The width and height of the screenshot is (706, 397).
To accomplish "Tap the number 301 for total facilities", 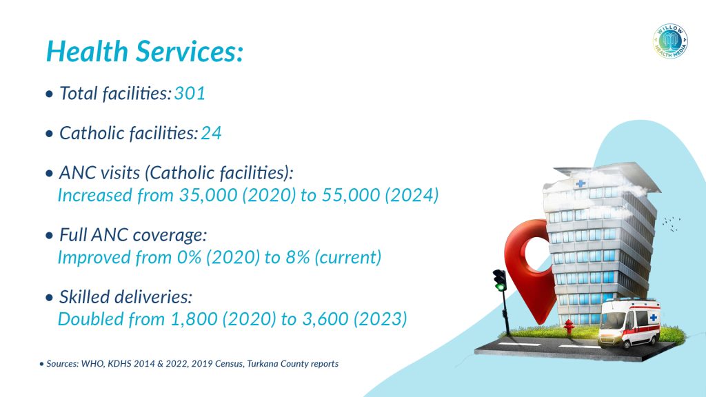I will click(190, 94).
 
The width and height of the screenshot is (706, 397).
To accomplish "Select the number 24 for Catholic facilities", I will click(211, 133).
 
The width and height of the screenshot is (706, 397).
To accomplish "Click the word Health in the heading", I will click(86, 52).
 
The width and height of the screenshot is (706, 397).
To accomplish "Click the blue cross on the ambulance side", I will click(652, 318).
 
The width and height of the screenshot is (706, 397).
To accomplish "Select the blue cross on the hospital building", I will click(581, 183).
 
